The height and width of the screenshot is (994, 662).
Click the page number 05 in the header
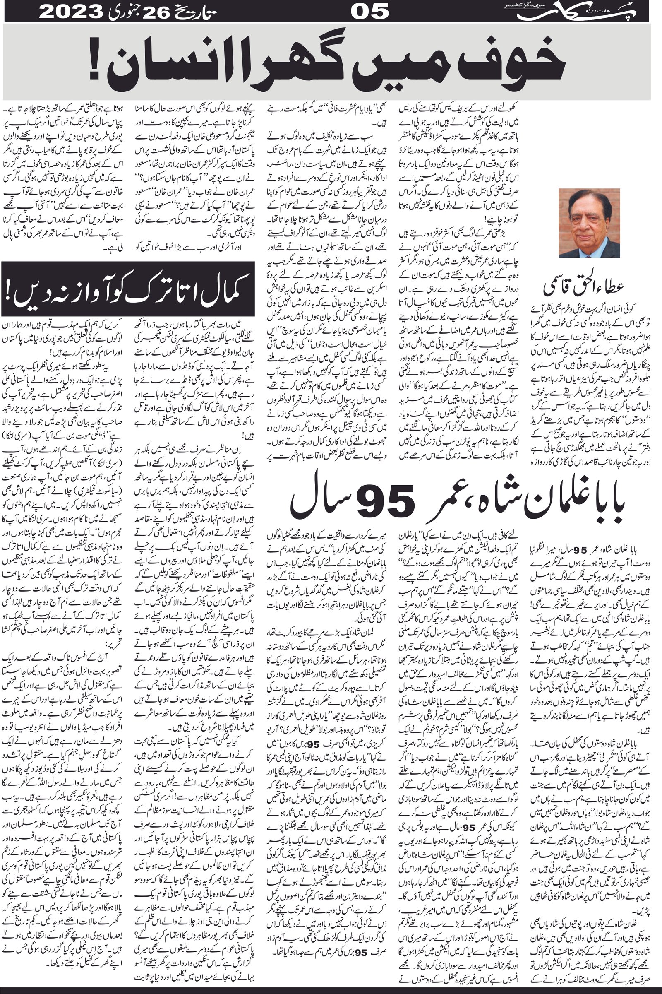(369, 12)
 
